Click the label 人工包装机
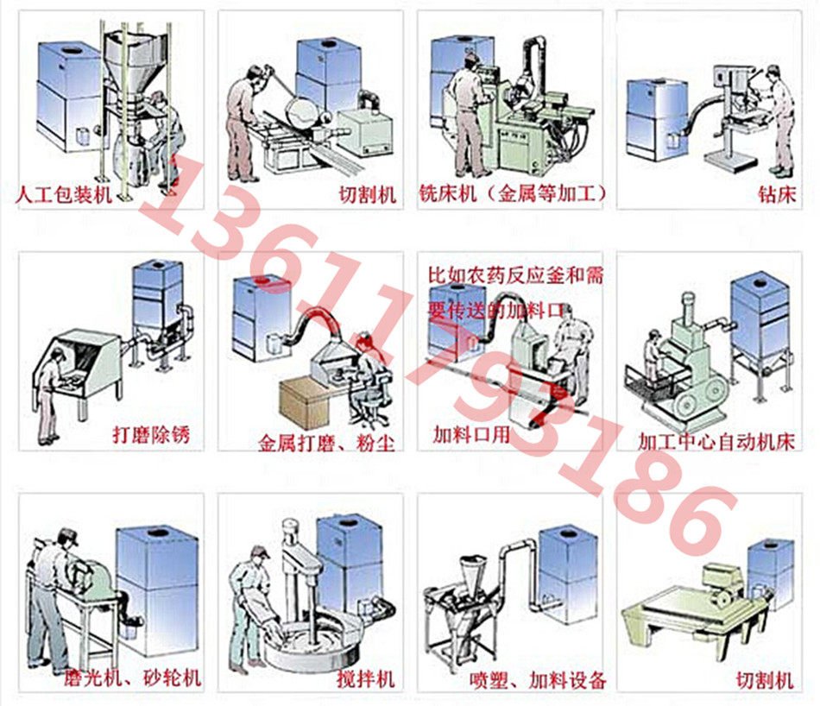[64, 195]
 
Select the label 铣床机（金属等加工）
[513, 193]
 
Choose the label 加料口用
[471, 435]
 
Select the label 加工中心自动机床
[716, 442]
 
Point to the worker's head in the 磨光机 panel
[67, 539]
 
